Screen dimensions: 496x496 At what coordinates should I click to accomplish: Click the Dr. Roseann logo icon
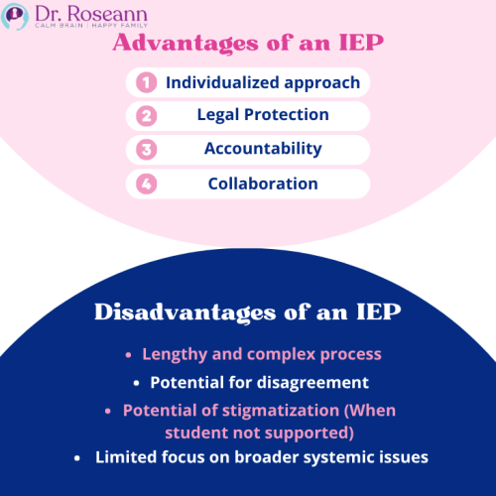(16, 16)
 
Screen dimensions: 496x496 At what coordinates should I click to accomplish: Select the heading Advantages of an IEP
(247, 45)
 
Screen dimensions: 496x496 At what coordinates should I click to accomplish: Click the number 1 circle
(146, 82)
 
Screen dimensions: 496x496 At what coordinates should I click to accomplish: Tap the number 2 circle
(146, 116)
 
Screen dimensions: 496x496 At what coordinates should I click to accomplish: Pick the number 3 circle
(146, 150)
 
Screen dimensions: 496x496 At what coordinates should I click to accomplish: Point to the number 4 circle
(146, 184)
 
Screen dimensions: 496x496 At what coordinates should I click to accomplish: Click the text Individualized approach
(262, 82)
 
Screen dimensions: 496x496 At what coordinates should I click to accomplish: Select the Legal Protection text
(262, 115)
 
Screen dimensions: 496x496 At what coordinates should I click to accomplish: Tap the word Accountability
(263, 149)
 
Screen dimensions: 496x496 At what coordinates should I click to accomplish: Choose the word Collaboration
(263, 184)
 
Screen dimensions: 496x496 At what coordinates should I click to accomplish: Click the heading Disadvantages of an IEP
(247, 312)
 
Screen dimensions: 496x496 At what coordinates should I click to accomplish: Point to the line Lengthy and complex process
(261, 354)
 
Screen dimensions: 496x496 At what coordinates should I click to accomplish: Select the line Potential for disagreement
(259, 382)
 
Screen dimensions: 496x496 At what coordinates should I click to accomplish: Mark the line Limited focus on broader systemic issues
(261, 457)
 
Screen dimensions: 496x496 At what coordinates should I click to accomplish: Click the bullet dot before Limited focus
(77, 458)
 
